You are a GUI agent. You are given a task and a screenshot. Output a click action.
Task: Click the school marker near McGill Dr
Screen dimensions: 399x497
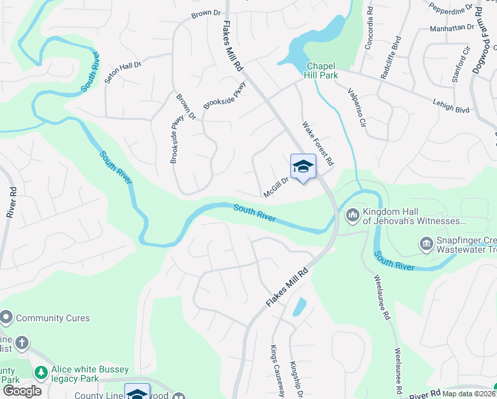coord(303,167)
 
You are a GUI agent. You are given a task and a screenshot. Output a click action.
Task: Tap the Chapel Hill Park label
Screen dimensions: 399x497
coord(322,70)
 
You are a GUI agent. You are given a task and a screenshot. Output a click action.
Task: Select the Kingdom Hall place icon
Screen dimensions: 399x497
coord(352,215)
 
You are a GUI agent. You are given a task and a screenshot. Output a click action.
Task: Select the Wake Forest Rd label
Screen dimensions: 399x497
coord(318,143)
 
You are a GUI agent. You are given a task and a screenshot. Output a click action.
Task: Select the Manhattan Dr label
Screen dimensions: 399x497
coord(451,29)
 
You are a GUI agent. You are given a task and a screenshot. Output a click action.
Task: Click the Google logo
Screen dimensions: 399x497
coord(22,391)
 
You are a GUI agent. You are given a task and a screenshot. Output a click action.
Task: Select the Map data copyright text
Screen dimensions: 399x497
coord(468,394)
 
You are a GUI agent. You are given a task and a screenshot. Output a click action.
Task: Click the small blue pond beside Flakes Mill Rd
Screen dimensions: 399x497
coord(299,307)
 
